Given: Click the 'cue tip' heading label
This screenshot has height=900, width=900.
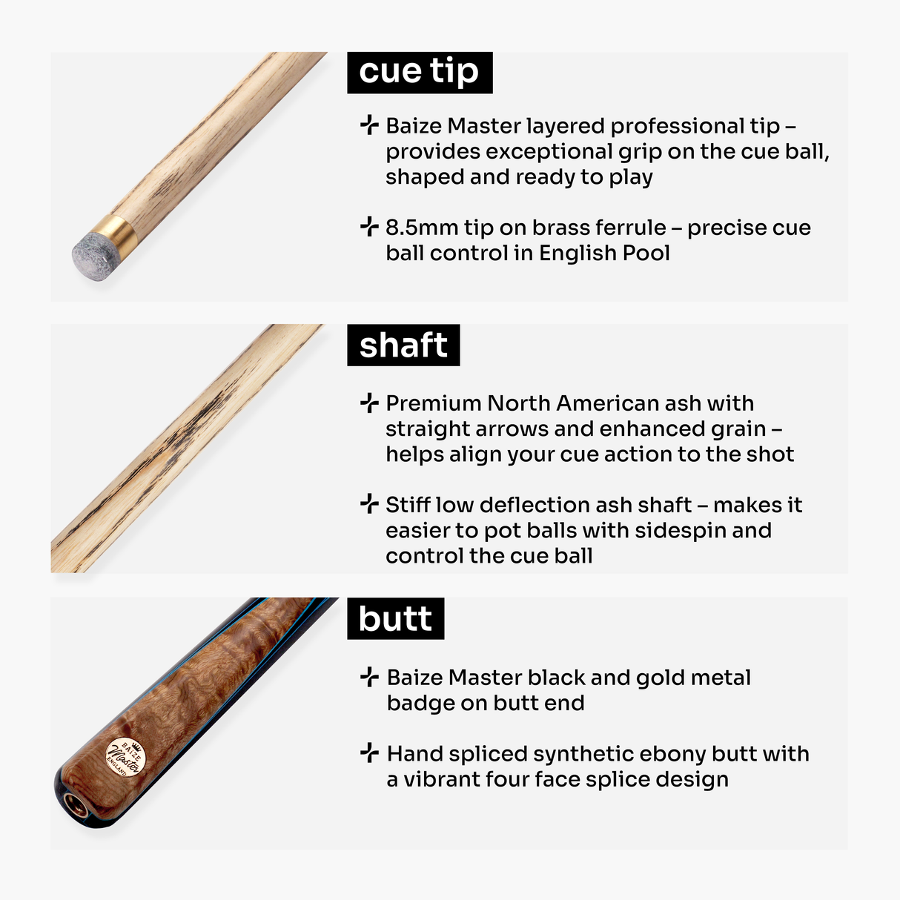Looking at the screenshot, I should pyautogui.click(x=419, y=72).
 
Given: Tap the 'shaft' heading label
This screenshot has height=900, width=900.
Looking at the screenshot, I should pyautogui.click(x=403, y=345).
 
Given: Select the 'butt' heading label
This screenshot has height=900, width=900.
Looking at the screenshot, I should pyautogui.click(x=395, y=619).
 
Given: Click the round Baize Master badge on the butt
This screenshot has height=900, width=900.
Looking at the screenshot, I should pyautogui.click(x=125, y=758).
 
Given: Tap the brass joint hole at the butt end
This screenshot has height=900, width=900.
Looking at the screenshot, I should pyautogui.click(x=73, y=802).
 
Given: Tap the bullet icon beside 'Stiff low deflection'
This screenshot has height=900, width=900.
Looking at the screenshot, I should pyautogui.click(x=368, y=504).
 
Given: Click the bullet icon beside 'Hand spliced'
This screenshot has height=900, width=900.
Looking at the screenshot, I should pyautogui.click(x=368, y=753).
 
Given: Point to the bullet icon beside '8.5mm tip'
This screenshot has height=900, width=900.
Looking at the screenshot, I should pyautogui.click(x=368, y=227).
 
